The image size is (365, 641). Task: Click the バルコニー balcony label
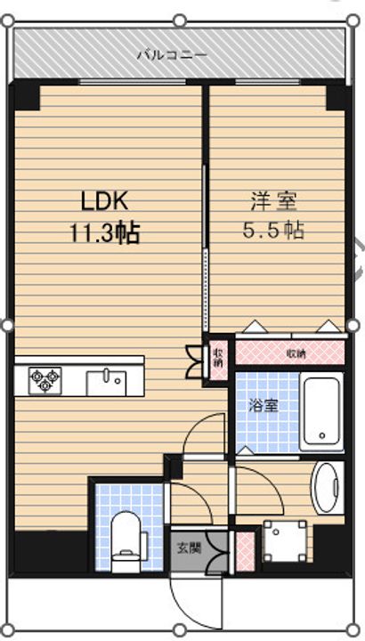pyautogui.click(x=172, y=54)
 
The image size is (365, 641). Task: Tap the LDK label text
pyautogui.click(x=105, y=203)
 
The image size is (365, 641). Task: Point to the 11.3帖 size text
pyautogui.click(x=105, y=233)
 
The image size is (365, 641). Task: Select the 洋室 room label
pyautogui.click(x=274, y=203)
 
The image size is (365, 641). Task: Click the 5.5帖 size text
pyautogui.click(x=273, y=231)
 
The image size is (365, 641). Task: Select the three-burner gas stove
pyautogui.click(x=45, y=381)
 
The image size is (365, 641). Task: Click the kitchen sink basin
pyautogui.click(x=106, y=384)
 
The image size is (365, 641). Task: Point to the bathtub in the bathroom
pyautogui.click(x=322, y=411)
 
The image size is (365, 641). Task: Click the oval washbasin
pyautogui.click(x=328, y=487)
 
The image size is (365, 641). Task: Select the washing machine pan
pyautogui.click(x=285, y=540)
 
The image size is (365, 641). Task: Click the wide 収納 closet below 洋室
pyautogui.click(x=290, y=352)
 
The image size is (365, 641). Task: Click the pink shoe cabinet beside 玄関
pyautogui.click(x=245, y=551)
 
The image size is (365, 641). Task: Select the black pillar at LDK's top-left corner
pyautogui.click(x=25, y=97)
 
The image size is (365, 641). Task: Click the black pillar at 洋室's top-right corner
pyautogui.click(x=337, y=97)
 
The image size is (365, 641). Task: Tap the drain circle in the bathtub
pyautogui.click(x=322, y=435)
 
